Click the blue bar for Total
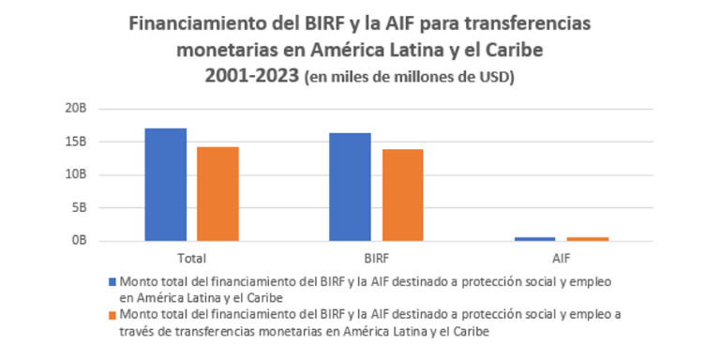point(166,184)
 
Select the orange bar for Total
point(217,193)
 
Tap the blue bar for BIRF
point(350,187)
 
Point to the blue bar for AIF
point(534,238)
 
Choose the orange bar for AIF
point(587,238)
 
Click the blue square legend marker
point(113,280)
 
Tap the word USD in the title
point(496,77)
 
